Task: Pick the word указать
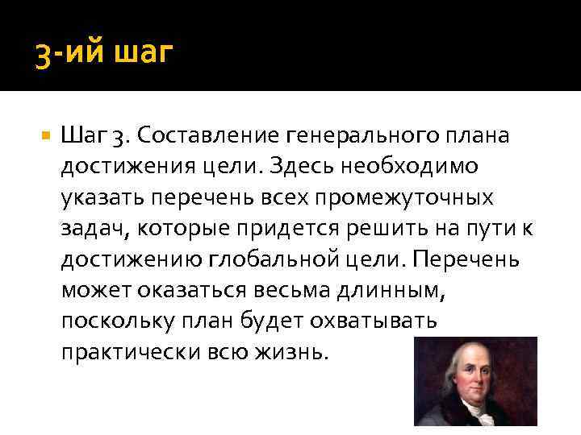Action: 94,197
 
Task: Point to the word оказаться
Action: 182,289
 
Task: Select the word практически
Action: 121,351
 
